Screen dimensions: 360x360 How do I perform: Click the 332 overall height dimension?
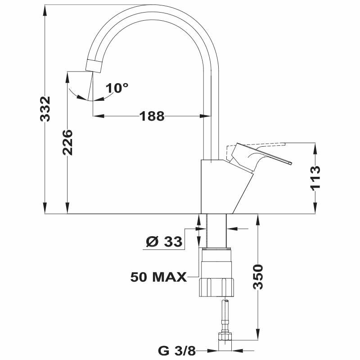45,109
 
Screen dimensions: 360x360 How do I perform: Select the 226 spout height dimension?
67,142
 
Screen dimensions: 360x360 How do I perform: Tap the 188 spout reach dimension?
151,116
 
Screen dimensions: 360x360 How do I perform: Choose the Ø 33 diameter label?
164,242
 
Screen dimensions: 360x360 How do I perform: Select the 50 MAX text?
158,277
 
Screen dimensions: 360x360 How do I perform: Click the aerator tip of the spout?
93,66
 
